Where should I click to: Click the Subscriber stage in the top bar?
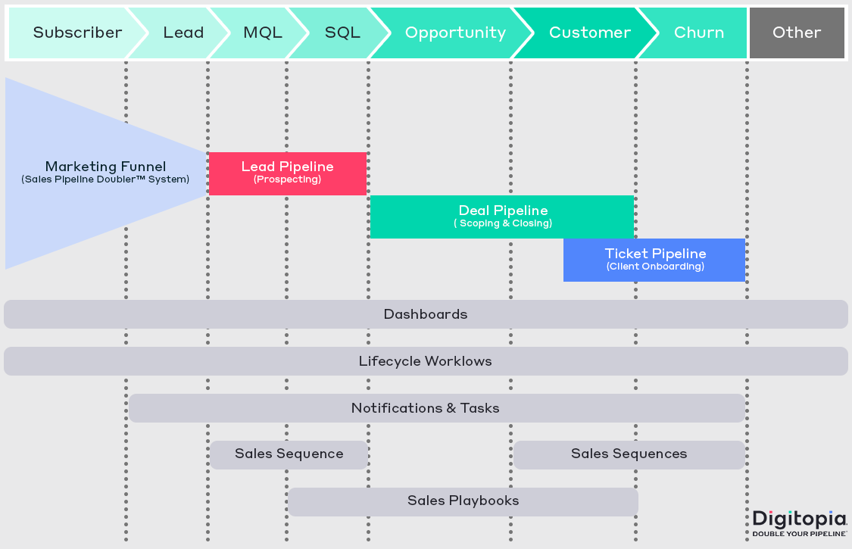pyautogui.click(x=77, y=33)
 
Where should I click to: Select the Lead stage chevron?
pyautogui.click(x=183, y=33)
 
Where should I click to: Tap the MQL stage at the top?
pyautogui.click(x=262, y=33)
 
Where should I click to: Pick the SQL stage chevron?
pyautogui.click(x=342, y=33)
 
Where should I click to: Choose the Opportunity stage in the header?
pyautogui.click(x=455, y=33)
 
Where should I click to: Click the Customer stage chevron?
pyautogui.click(x=589, y=33)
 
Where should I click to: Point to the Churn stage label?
pyautogui.click(x=698, y=33)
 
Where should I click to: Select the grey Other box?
pyautogui.click(x=797, y=33)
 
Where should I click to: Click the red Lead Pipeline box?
pyautogui.click(x=288, y=173)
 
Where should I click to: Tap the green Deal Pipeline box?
pyautogui.click(x=502, y=217)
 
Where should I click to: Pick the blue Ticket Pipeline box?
pyautogui.click(x=654, y=260)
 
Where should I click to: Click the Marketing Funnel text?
pyautogui.click(x=105, y=167)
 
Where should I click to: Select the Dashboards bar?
pyautogui.click(x=426, y=314)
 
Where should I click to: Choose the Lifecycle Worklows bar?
pyautogui.click(x=426, y=361)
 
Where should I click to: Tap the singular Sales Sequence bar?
pyautogui.click(x=289, y=454)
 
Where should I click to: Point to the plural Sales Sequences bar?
pyautogui.click(x=629, y=454)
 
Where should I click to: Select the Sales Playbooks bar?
pyautogui.click(x=463, y=501)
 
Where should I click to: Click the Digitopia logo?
pyautogui.click(x=799, y=522)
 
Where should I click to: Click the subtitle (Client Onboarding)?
pyautogui.click(x=655, y=267)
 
